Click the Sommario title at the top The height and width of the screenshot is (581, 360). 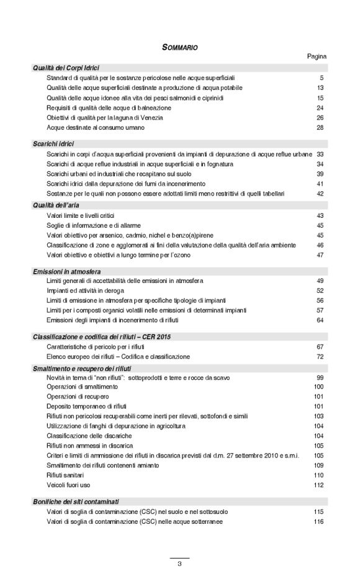coord(179,47)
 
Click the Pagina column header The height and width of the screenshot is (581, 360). coord(317,56)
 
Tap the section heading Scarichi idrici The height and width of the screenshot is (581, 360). coord(53,144)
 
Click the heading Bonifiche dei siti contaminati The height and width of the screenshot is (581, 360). coord(76,501)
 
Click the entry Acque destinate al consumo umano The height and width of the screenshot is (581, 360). coord(96,128)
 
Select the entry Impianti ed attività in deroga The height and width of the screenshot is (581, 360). coord(86,290)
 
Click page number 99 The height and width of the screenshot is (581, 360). coord(320,377)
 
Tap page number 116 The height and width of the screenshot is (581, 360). coord(319,521)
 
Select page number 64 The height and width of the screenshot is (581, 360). coord(320,320)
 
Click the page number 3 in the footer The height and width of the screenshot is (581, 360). coord(179,564)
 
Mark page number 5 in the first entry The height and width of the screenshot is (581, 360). coord(322,78)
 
